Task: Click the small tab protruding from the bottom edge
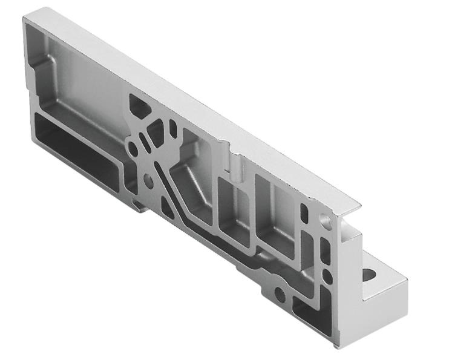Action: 139,206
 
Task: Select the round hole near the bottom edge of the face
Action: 279,295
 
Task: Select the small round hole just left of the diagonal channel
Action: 148,178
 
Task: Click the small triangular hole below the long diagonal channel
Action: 168,212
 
